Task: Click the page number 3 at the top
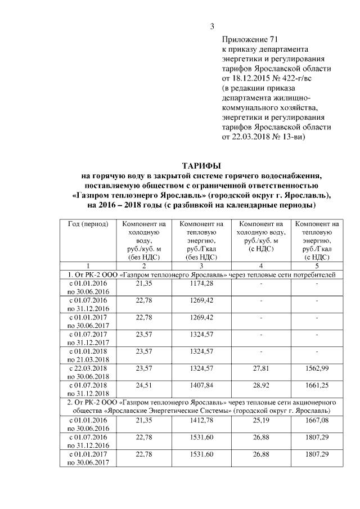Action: (x=213, y=26)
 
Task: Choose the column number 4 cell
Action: (x=261, y=265)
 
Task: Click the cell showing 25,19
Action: (x=261, y=420)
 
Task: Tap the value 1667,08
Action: (x=317, y=420)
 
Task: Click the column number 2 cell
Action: (x=145, y=265)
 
